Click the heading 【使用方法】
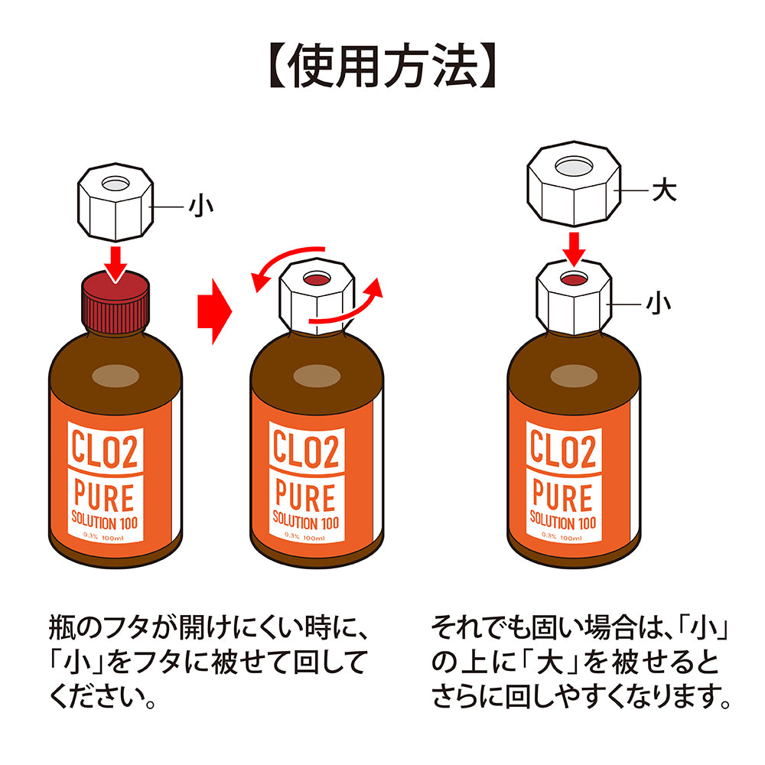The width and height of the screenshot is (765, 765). pyautogui.click(x=382, y=68)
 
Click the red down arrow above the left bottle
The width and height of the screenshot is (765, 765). pyautogui.click(x=116, y=262)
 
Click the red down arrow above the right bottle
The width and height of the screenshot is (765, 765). pyautogui.click(x=574, y=246)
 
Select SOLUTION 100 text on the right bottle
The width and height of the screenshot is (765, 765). pyautogui.click(x=563, y=523)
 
